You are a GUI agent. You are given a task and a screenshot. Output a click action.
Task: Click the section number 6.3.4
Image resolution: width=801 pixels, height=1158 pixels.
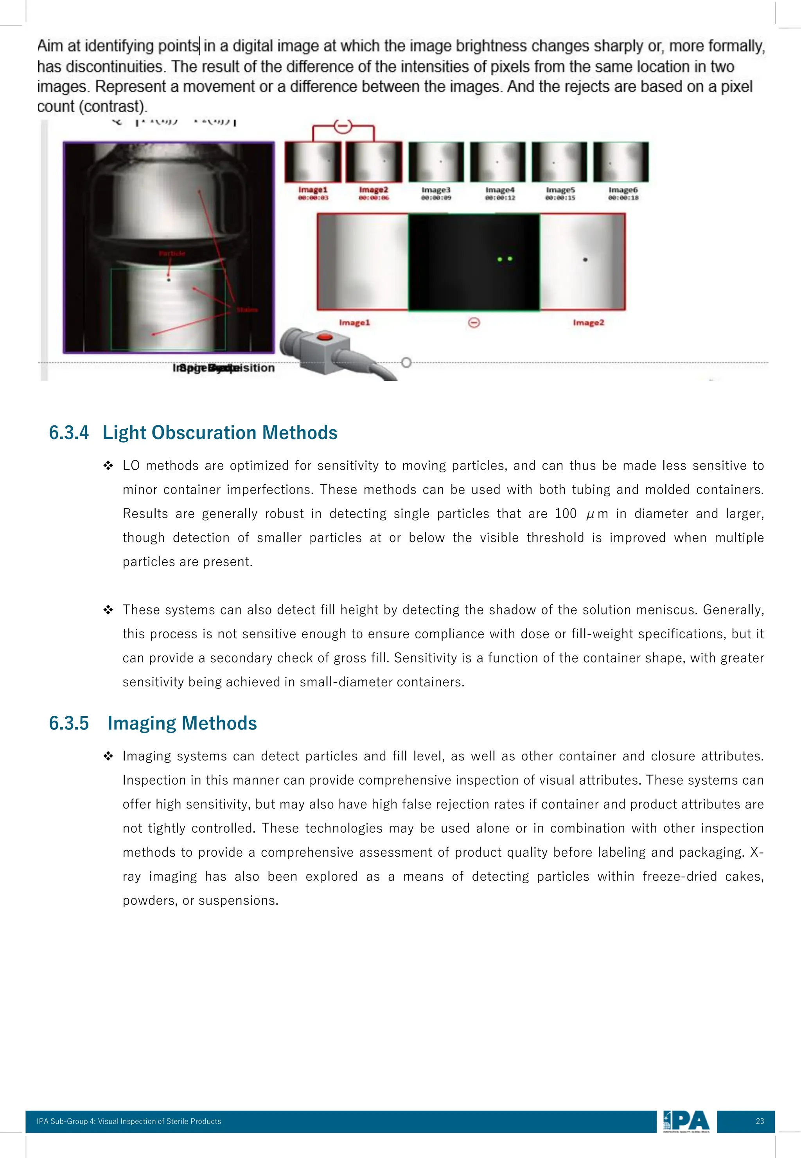[69, 433]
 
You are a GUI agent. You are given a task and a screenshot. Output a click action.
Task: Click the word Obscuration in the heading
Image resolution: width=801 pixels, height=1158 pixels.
[202, 433]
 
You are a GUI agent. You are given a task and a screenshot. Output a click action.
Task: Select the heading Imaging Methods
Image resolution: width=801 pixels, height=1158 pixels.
[182, 723]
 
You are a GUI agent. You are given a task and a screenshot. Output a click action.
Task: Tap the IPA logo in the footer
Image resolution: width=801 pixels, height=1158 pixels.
[686, 1121]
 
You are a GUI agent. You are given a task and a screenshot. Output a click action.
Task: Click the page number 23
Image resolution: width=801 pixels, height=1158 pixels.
[759, 1121]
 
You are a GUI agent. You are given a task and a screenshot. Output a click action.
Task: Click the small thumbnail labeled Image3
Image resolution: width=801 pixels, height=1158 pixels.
[436, 162]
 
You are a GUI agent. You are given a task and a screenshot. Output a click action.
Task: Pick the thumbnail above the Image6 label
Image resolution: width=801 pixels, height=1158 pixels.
[621, 162]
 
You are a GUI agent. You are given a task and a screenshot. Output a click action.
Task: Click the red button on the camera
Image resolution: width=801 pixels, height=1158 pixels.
[324, 337]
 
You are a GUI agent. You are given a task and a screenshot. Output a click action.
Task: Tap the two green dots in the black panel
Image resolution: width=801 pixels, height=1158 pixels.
[505, 259]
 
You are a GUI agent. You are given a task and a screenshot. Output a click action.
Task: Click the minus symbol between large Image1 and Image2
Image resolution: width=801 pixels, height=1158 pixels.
[474, 322]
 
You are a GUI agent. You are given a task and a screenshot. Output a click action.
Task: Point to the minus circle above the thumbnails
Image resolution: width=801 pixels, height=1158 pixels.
[343, 126]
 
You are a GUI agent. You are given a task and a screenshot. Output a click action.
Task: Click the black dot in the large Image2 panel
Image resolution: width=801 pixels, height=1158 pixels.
[585, 259]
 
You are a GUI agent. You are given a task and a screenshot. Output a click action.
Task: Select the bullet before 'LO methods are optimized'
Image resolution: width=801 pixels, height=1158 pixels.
[108, 466]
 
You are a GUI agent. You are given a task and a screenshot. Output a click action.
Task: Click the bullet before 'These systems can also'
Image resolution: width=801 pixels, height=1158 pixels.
[108, 610]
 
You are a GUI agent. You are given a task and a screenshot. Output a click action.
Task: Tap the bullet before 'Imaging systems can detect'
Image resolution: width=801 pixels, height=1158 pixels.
[108, 756]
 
